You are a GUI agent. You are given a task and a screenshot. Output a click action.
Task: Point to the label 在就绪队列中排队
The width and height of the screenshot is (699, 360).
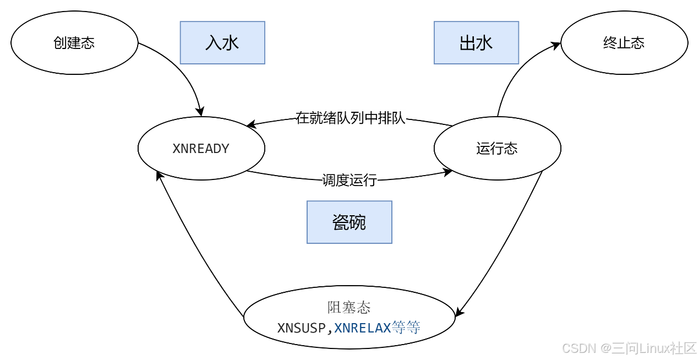pyautogui.click(x=351, y=118)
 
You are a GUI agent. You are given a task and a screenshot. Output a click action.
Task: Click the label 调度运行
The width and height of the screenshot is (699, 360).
pyautogui.click(x=349, y=180)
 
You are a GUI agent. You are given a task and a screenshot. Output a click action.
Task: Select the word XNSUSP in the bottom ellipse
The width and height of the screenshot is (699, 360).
pyautogui.click(x=302, y=328)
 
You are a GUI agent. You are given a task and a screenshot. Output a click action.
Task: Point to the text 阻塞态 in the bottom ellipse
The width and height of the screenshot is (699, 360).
pyautogui.click(x=349, y=307)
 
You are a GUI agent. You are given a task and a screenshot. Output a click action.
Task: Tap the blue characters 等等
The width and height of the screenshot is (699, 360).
pyautogui.click(x=406, y=328)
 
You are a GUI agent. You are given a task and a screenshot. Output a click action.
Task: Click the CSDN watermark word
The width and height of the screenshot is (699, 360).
pyautogui.click(x=578, y=347)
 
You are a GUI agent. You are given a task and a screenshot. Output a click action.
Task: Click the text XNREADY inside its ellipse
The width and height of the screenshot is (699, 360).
pyautogui.click(x=201, y=149)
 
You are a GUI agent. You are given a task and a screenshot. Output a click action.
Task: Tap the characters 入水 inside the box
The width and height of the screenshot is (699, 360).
pyautogui.click(x=222, y=43)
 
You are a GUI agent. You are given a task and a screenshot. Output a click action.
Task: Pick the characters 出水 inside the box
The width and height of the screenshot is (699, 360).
pyautogui.click(x=476, y=43)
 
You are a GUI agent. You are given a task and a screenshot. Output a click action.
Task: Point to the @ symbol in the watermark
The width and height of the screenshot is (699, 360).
pyautogui.click(x=605, y=347)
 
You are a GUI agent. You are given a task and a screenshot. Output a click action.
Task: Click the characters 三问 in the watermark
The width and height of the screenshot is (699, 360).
pyautogui.click(x=624, y=347)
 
